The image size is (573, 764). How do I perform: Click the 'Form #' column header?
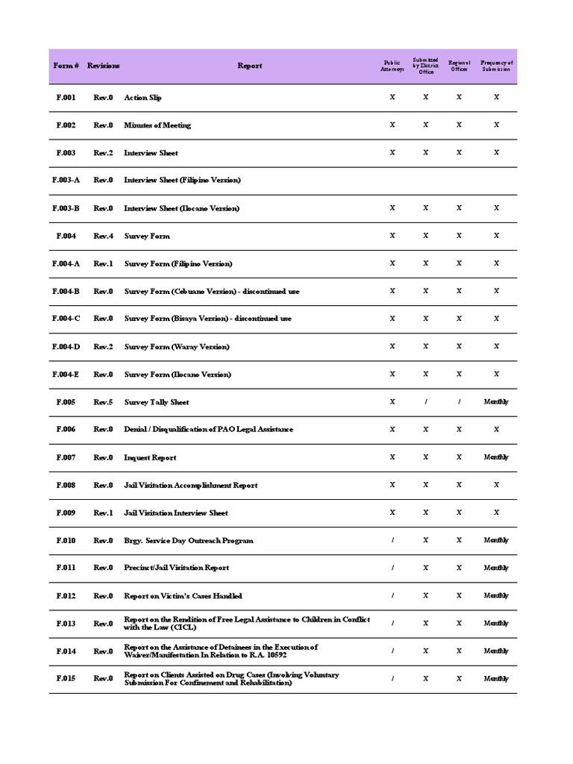click(65, 66)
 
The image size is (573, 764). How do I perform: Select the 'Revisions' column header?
click(103, 66)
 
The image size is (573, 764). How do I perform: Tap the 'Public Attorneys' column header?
click(392, 66)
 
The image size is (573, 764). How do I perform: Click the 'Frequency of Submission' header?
click(496, 66)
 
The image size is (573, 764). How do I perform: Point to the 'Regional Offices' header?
click(459, 66)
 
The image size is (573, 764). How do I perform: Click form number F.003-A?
click(66, 181)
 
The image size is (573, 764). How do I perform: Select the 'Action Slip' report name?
click(143, 98)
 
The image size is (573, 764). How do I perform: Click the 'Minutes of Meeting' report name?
click(157, 125)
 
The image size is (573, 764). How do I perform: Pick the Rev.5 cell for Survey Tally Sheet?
click(103, 402)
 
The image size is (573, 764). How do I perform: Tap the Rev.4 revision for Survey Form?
click(103, 236)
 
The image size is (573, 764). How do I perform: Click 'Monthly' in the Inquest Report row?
click(496, 457)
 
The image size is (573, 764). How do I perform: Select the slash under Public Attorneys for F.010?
click(392, 540)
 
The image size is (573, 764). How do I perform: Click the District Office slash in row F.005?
click(425, 402)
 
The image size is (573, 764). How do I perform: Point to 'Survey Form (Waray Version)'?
click(177, 347)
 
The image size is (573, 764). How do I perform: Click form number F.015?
click(66, 679)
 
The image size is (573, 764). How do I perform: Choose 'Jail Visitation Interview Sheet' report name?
click(176, 513)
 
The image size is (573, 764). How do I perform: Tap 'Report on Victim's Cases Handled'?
click(183, 596)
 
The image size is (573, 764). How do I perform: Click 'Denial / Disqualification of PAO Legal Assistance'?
click(208, 430)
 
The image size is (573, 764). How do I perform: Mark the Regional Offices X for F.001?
click(459, 98)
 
